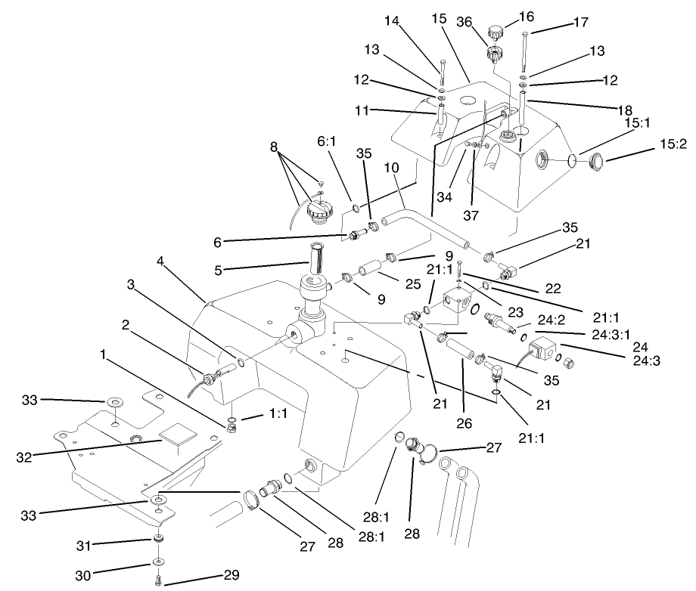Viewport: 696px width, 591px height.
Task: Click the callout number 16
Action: (x=527, y=16)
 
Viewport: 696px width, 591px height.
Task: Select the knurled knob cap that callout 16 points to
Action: (x=496, y=32)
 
